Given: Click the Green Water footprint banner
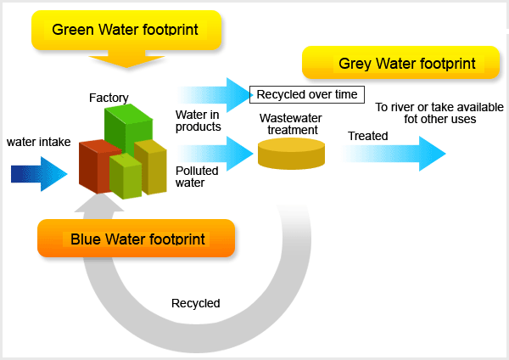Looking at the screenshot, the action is [126, 30].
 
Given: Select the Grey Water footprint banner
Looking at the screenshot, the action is [400, 63].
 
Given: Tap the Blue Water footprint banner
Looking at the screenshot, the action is [136, 239].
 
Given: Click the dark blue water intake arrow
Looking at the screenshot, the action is [39, 174].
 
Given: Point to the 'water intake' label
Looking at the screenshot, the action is [39, 142].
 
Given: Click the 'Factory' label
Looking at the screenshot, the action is [109, 98].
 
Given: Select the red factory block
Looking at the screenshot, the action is [98, 166].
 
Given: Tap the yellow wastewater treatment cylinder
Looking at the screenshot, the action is [291, 154].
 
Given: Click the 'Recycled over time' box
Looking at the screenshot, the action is [307, 94].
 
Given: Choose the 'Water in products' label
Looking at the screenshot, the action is [198, 121].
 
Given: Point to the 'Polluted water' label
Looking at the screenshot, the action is [197, 177].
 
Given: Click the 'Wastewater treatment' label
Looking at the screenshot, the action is [291, 124].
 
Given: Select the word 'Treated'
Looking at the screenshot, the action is [368, 136].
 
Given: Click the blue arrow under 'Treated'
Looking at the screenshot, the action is [393, 154].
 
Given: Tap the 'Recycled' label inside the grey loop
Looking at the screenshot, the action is [196, 303].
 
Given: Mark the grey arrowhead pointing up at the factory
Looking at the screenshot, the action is [99, 201].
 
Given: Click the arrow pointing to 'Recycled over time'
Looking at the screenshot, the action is [215, 95].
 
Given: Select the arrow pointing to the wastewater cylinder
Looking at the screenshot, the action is [215, 154].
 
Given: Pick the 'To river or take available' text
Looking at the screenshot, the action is [439, 107].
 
